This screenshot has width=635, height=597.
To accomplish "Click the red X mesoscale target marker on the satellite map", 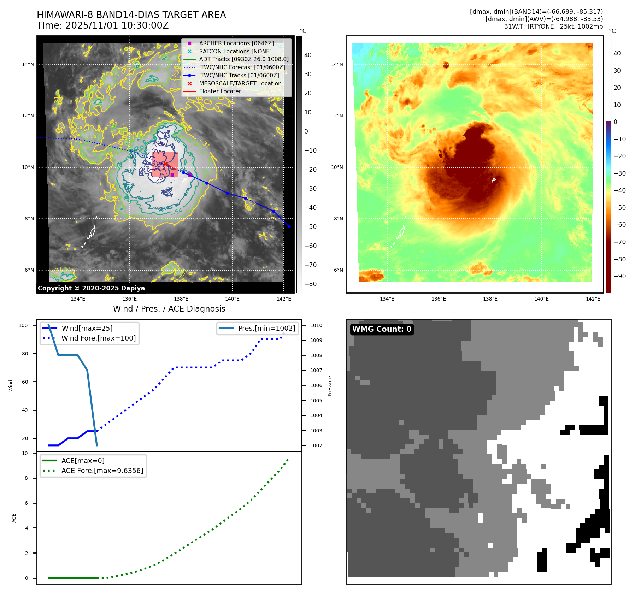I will point(165,164).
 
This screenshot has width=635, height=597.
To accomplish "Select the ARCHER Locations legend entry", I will point(236,43).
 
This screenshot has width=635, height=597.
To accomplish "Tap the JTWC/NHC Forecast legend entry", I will point(242,67).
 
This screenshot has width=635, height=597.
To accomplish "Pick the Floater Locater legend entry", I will point(220,91).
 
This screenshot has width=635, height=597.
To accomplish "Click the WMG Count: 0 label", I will point(382,329).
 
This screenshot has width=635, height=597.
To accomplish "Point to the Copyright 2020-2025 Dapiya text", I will point(91,288).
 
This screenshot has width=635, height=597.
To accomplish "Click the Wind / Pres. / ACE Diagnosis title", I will point(169,309).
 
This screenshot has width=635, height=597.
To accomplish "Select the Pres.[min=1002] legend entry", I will point(266,328).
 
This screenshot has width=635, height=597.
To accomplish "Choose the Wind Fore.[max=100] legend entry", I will point(98,338).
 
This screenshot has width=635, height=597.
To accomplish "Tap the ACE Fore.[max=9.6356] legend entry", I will point(102,471).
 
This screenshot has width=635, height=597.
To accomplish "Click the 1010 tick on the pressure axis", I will point(316,325).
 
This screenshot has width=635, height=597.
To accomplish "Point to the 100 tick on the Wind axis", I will point(23,325).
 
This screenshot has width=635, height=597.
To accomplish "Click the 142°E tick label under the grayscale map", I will point(284,299).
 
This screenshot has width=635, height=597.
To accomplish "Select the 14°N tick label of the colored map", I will point(337,64).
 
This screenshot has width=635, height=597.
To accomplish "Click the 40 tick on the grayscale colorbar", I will point(308,55).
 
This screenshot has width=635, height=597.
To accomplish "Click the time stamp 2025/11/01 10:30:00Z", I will point(117,26).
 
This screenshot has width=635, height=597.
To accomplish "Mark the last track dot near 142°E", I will point(289,226).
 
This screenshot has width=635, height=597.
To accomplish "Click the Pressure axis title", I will point(330,386).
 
